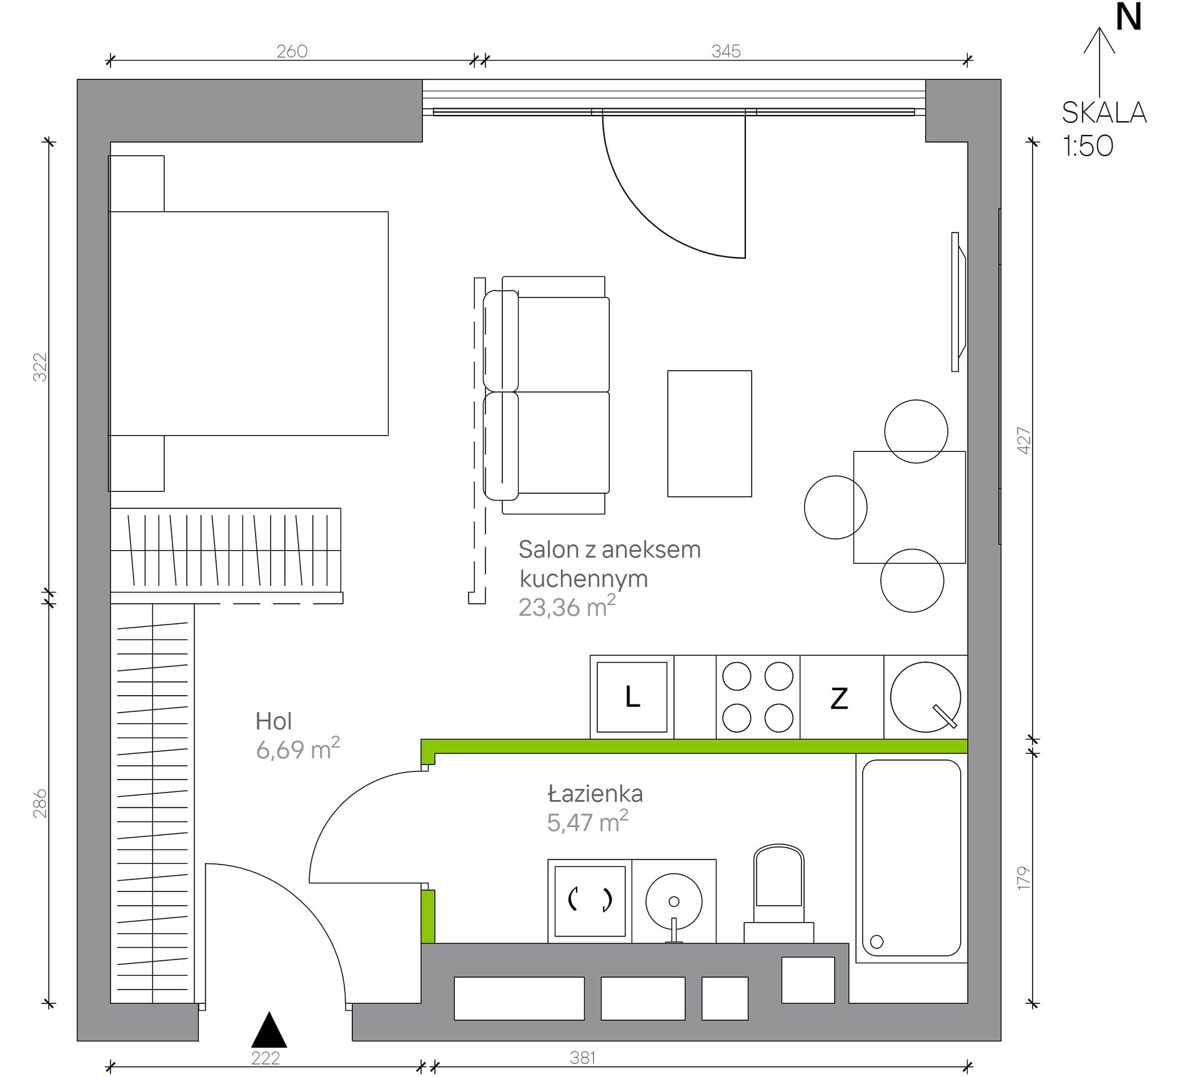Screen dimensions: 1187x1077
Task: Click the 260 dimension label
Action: pos(292,51)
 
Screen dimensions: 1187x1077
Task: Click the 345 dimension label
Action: pos(726,51)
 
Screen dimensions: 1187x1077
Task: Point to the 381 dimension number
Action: pos(582,1058)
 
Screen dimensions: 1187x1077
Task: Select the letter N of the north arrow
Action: pos(1128,17)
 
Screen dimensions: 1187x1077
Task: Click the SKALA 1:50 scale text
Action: pos(1104,129)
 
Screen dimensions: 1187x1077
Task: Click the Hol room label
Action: pos(274,721)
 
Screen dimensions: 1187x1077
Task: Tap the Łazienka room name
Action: pos(595,793)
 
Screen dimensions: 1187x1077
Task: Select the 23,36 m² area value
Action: pos(567,606)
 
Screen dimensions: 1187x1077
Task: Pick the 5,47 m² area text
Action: pos(587,821)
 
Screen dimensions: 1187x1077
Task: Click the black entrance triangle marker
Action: pos(269,1029)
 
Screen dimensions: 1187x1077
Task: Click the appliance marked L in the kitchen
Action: pos(632,697)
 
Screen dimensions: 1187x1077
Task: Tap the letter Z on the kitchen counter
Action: pos(839,698)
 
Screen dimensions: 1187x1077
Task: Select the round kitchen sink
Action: pos(925,697)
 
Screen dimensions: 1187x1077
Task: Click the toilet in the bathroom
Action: pos(778,893)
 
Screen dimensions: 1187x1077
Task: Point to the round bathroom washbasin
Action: pos(673,902)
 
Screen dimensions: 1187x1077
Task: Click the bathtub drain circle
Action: pos(877,941)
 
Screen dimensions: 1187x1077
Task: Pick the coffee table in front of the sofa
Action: pos(710,434)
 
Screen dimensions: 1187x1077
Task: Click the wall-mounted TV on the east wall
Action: pos(958,302)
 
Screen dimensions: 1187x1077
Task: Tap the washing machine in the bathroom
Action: pos(590,901)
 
